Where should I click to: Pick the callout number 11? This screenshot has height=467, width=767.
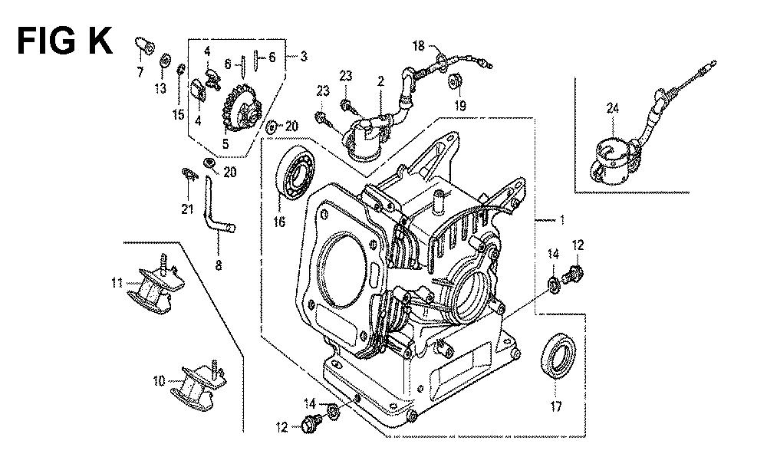pos(117,284)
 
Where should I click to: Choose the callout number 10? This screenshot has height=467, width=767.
pos(158,380)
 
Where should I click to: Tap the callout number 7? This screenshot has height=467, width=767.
pos(140,72)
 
